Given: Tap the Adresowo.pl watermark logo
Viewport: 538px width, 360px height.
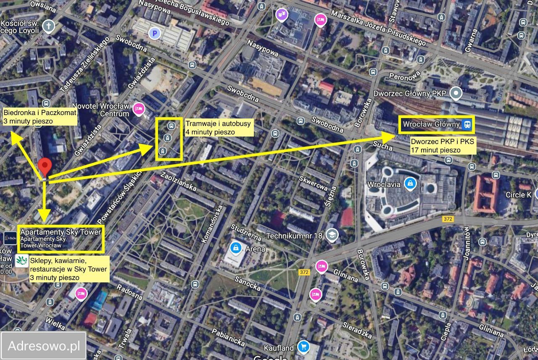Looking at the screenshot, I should [x=44, y=346].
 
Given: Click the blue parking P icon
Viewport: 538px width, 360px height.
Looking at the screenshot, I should [x=156, y=32].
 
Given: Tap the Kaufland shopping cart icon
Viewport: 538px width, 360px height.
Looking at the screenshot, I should [x=303, y=347].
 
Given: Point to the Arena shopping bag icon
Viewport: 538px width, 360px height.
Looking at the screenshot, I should [x=236, y=248].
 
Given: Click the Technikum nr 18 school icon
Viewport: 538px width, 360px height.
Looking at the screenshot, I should [x=332, y=236].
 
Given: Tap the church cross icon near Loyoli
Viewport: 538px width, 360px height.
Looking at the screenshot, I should [x=49, y=26].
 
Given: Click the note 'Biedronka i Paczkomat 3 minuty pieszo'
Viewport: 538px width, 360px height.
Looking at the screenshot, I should [x=40, y=117].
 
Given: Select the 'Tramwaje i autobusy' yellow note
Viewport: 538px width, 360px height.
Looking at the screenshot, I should [x=219, y=128].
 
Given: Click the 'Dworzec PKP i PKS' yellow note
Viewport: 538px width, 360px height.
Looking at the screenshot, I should [x=443, y=145].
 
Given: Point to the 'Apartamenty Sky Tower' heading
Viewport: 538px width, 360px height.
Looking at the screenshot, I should [x=61, y=232].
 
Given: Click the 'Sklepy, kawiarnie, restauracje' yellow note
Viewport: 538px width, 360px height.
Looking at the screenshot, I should [x=69, y=269].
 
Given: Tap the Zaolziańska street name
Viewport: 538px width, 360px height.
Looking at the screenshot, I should [x=179, y=181].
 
